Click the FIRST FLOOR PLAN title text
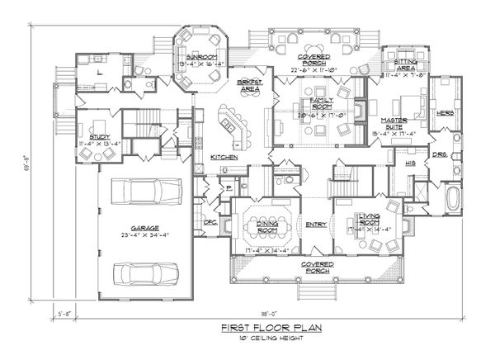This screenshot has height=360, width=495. point(271,328)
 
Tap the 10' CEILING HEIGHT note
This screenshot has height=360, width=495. point(271,338)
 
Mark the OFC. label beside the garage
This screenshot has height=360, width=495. point(209,220)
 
